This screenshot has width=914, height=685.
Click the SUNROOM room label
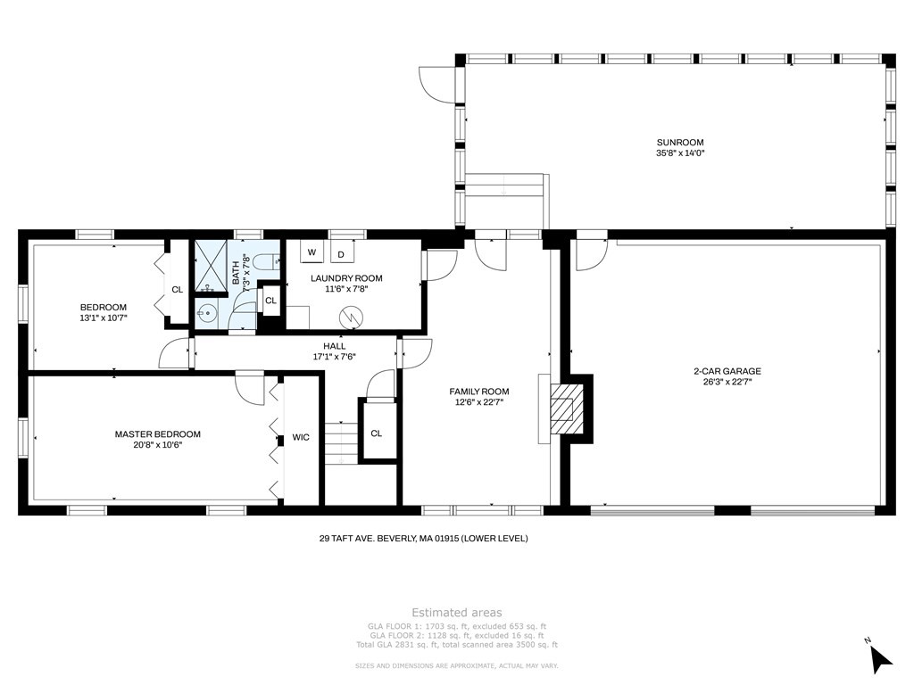click(x=679, y=142)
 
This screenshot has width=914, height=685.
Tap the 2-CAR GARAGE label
click(x=727, y=371)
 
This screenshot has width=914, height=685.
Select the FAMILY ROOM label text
click(x=478, y=392)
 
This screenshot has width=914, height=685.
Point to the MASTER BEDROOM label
click(x=157, y=434)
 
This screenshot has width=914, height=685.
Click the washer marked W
click(x=312, y=252)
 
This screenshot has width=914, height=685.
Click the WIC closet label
click(x=301, y=437)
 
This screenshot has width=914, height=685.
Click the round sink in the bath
click(x=205, y=314)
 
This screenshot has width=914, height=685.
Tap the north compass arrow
click(x=880, y=659)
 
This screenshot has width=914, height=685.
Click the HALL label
click(x=334, y=346)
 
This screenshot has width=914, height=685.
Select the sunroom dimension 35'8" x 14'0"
click(x=680, y=153)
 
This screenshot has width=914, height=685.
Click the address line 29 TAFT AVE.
click(x=423, y=538)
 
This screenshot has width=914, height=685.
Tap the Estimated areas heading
click(x=456, y=612)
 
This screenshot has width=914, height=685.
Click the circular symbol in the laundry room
click(x=352, y=318)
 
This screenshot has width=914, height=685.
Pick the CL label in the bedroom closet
click(x=178, y=290)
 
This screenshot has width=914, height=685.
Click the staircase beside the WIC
click(x=341, y=443)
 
